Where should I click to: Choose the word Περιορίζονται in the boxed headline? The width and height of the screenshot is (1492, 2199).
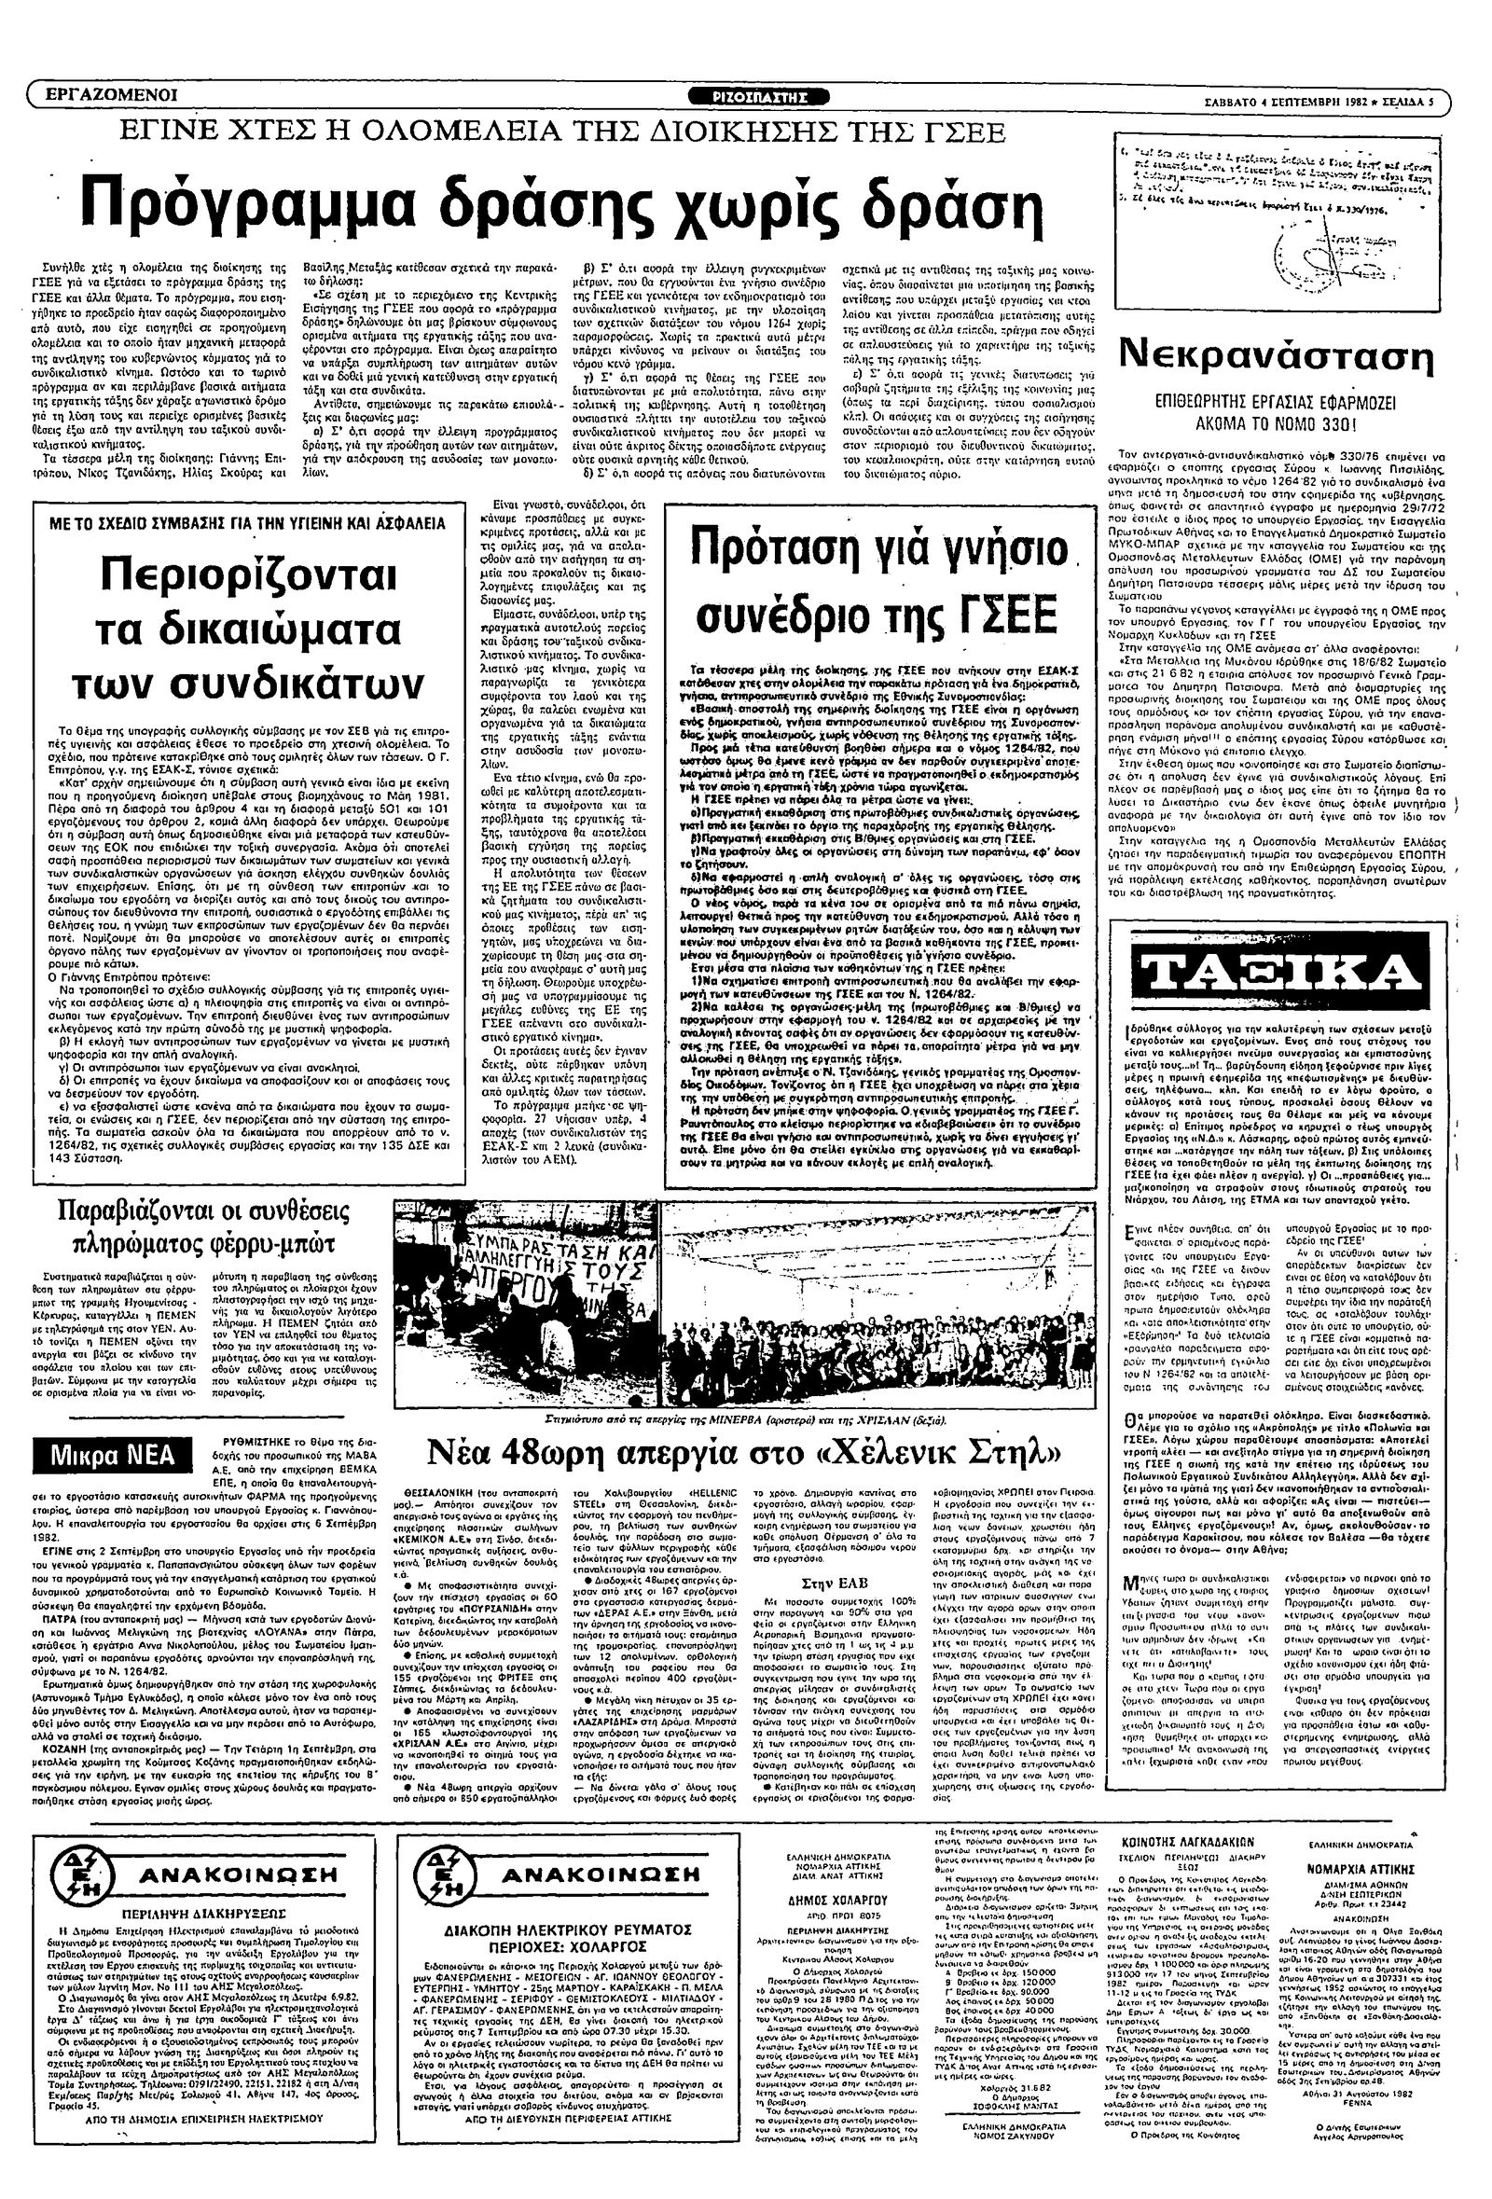click(x=249, y=574)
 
